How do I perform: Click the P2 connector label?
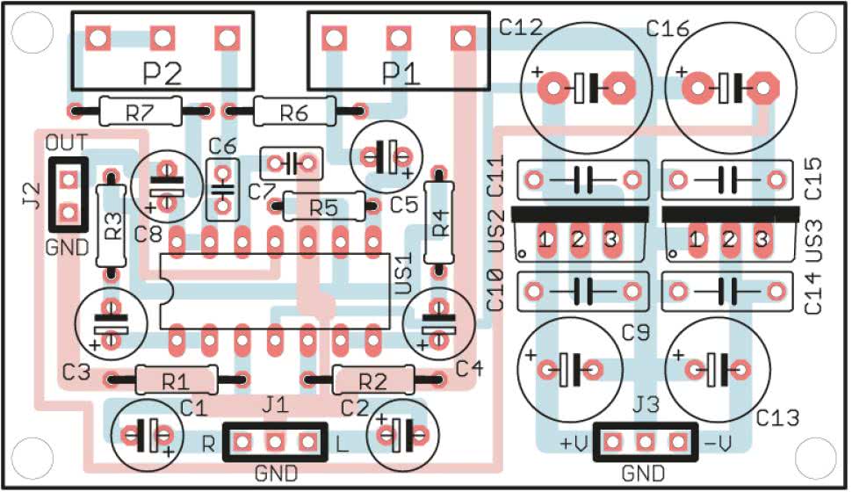tap(161, 73)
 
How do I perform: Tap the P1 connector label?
tap(401, 73)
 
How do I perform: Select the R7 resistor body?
tap(141, 112)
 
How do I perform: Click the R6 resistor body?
tap(294, 112)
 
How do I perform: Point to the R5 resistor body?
tap(323, 207)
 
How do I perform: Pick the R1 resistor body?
tap(176, 380)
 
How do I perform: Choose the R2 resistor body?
tap(373, 380)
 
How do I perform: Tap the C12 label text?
tap(522, 28)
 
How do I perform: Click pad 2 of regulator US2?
tap(578, 238)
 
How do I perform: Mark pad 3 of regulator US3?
tap(761, 238)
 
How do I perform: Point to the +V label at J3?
tap(573, 444)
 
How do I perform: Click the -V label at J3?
tap(718, 444)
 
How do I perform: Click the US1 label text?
tap(404, 275)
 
